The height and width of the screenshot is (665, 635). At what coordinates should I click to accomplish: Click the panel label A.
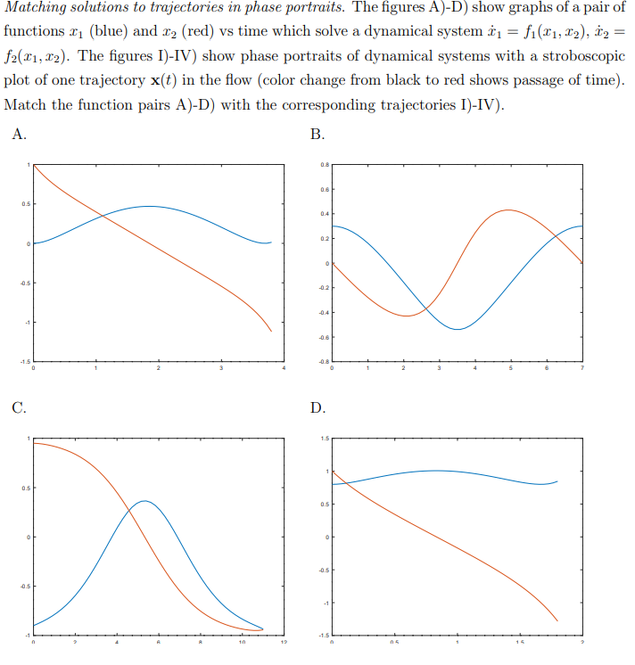20,136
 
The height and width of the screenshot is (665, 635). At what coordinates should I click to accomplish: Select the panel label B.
317,136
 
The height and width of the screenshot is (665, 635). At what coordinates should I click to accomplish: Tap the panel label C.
20,409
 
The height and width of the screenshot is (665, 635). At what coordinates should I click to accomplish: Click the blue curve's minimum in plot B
457,329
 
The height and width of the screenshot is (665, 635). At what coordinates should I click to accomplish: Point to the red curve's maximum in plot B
507,210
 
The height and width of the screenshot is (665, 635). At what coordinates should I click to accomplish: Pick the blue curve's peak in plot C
144,501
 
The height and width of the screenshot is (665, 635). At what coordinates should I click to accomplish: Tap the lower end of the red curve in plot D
557,620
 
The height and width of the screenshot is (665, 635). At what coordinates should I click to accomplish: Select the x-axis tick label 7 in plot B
581,369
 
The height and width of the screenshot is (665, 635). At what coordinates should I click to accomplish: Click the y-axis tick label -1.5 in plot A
25,362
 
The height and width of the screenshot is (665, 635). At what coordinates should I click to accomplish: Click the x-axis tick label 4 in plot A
284,369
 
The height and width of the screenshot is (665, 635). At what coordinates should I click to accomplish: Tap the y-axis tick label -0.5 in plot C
26,586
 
